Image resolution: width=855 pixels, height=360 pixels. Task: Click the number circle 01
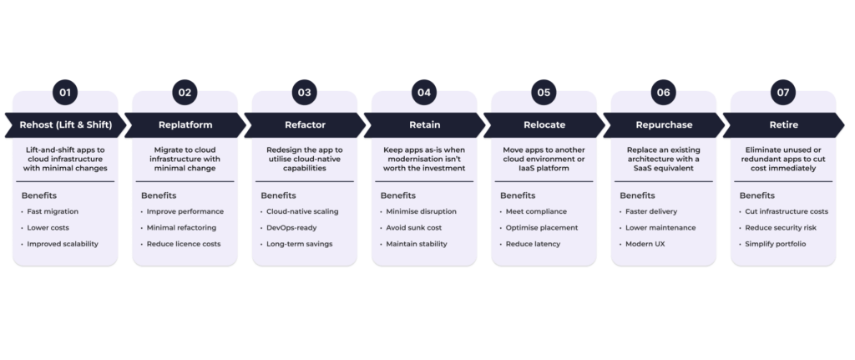[66, 92]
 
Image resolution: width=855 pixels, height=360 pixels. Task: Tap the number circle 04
[424, 92]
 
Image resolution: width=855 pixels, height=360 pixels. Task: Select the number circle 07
[783, 92]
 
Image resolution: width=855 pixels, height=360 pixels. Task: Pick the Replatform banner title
[185, 124]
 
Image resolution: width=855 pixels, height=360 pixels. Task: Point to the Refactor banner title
[305, 124]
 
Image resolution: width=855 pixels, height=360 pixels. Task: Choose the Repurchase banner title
[664, 124]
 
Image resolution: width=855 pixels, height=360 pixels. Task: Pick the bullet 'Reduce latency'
[533, 244]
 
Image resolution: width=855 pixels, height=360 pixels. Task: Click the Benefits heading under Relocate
[518, 195]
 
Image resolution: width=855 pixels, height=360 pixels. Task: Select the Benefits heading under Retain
[398, 195]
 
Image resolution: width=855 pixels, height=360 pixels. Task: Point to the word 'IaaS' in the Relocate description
[522, 168]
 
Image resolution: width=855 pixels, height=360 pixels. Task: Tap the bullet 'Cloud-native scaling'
[302, 211]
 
